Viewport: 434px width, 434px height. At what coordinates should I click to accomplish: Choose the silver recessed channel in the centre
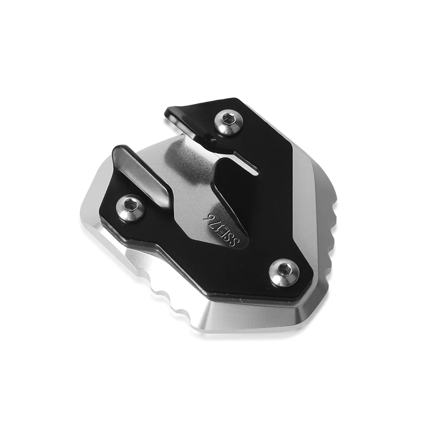[x=182, y=174]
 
